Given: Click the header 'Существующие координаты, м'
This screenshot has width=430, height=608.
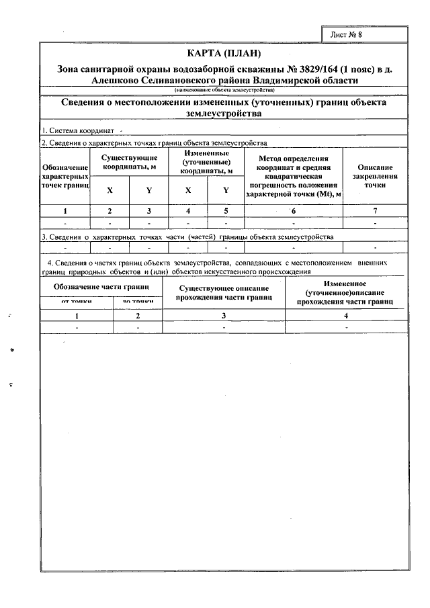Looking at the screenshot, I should coord(129,161).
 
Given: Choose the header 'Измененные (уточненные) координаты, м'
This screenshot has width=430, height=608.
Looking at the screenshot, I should coord(207,162).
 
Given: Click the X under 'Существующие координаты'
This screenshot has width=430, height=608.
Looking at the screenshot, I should coord(110,190).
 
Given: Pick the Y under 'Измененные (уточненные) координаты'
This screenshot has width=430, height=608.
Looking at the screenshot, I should coord(226,190).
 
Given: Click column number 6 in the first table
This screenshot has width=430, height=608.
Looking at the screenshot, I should coord(294,211).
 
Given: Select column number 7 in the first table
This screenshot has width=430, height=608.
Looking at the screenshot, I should coord(375,211).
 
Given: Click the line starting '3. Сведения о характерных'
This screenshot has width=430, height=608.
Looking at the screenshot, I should coord(187,237).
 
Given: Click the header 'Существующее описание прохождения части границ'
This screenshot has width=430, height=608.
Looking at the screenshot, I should coord(224,292).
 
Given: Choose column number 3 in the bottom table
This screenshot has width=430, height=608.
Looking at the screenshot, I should coord(224,315).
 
